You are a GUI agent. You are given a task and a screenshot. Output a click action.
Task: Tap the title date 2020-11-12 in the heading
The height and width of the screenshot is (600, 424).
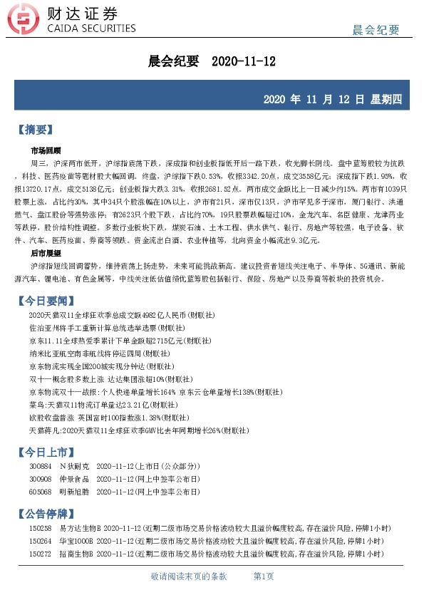pyautogui.click(x=244, y=62)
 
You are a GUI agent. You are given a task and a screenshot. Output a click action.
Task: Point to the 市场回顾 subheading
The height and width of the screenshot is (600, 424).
pyautogui.click(x=46, y=151)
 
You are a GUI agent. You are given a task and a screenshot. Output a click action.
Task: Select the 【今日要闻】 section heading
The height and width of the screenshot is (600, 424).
pyautogui.click(x=51, y=301)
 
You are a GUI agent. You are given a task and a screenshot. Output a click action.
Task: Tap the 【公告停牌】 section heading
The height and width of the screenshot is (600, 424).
pyautogui.click(x=51, y=513)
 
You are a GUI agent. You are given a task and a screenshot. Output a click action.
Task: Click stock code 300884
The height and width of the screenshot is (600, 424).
pyautogui.click(x=40, y=467)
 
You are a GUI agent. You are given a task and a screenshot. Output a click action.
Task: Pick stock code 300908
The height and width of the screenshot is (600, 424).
pyautogui.click(x=40, y=480)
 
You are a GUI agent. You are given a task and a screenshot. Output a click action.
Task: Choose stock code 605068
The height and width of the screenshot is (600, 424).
pyautogui.click(x=40, y=492)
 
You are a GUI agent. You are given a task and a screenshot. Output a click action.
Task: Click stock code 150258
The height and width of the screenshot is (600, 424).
pyautogui.click(x=40, y=528)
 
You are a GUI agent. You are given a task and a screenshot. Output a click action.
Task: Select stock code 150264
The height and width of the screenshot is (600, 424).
pyautogui.click(x=40, y=541)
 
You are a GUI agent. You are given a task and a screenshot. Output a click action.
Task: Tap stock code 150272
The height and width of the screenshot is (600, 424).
pyautogui.click(x=40, y=554)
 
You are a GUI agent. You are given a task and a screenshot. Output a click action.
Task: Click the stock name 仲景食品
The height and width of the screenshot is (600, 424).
pyautogui.click(x=74, y=480)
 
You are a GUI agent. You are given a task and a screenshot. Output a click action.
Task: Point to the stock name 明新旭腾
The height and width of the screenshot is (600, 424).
pyautogui.click(x=74, y=492)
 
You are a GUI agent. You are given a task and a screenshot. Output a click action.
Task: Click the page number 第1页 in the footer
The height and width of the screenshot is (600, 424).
pyautogui.click(x=264, y=576)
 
